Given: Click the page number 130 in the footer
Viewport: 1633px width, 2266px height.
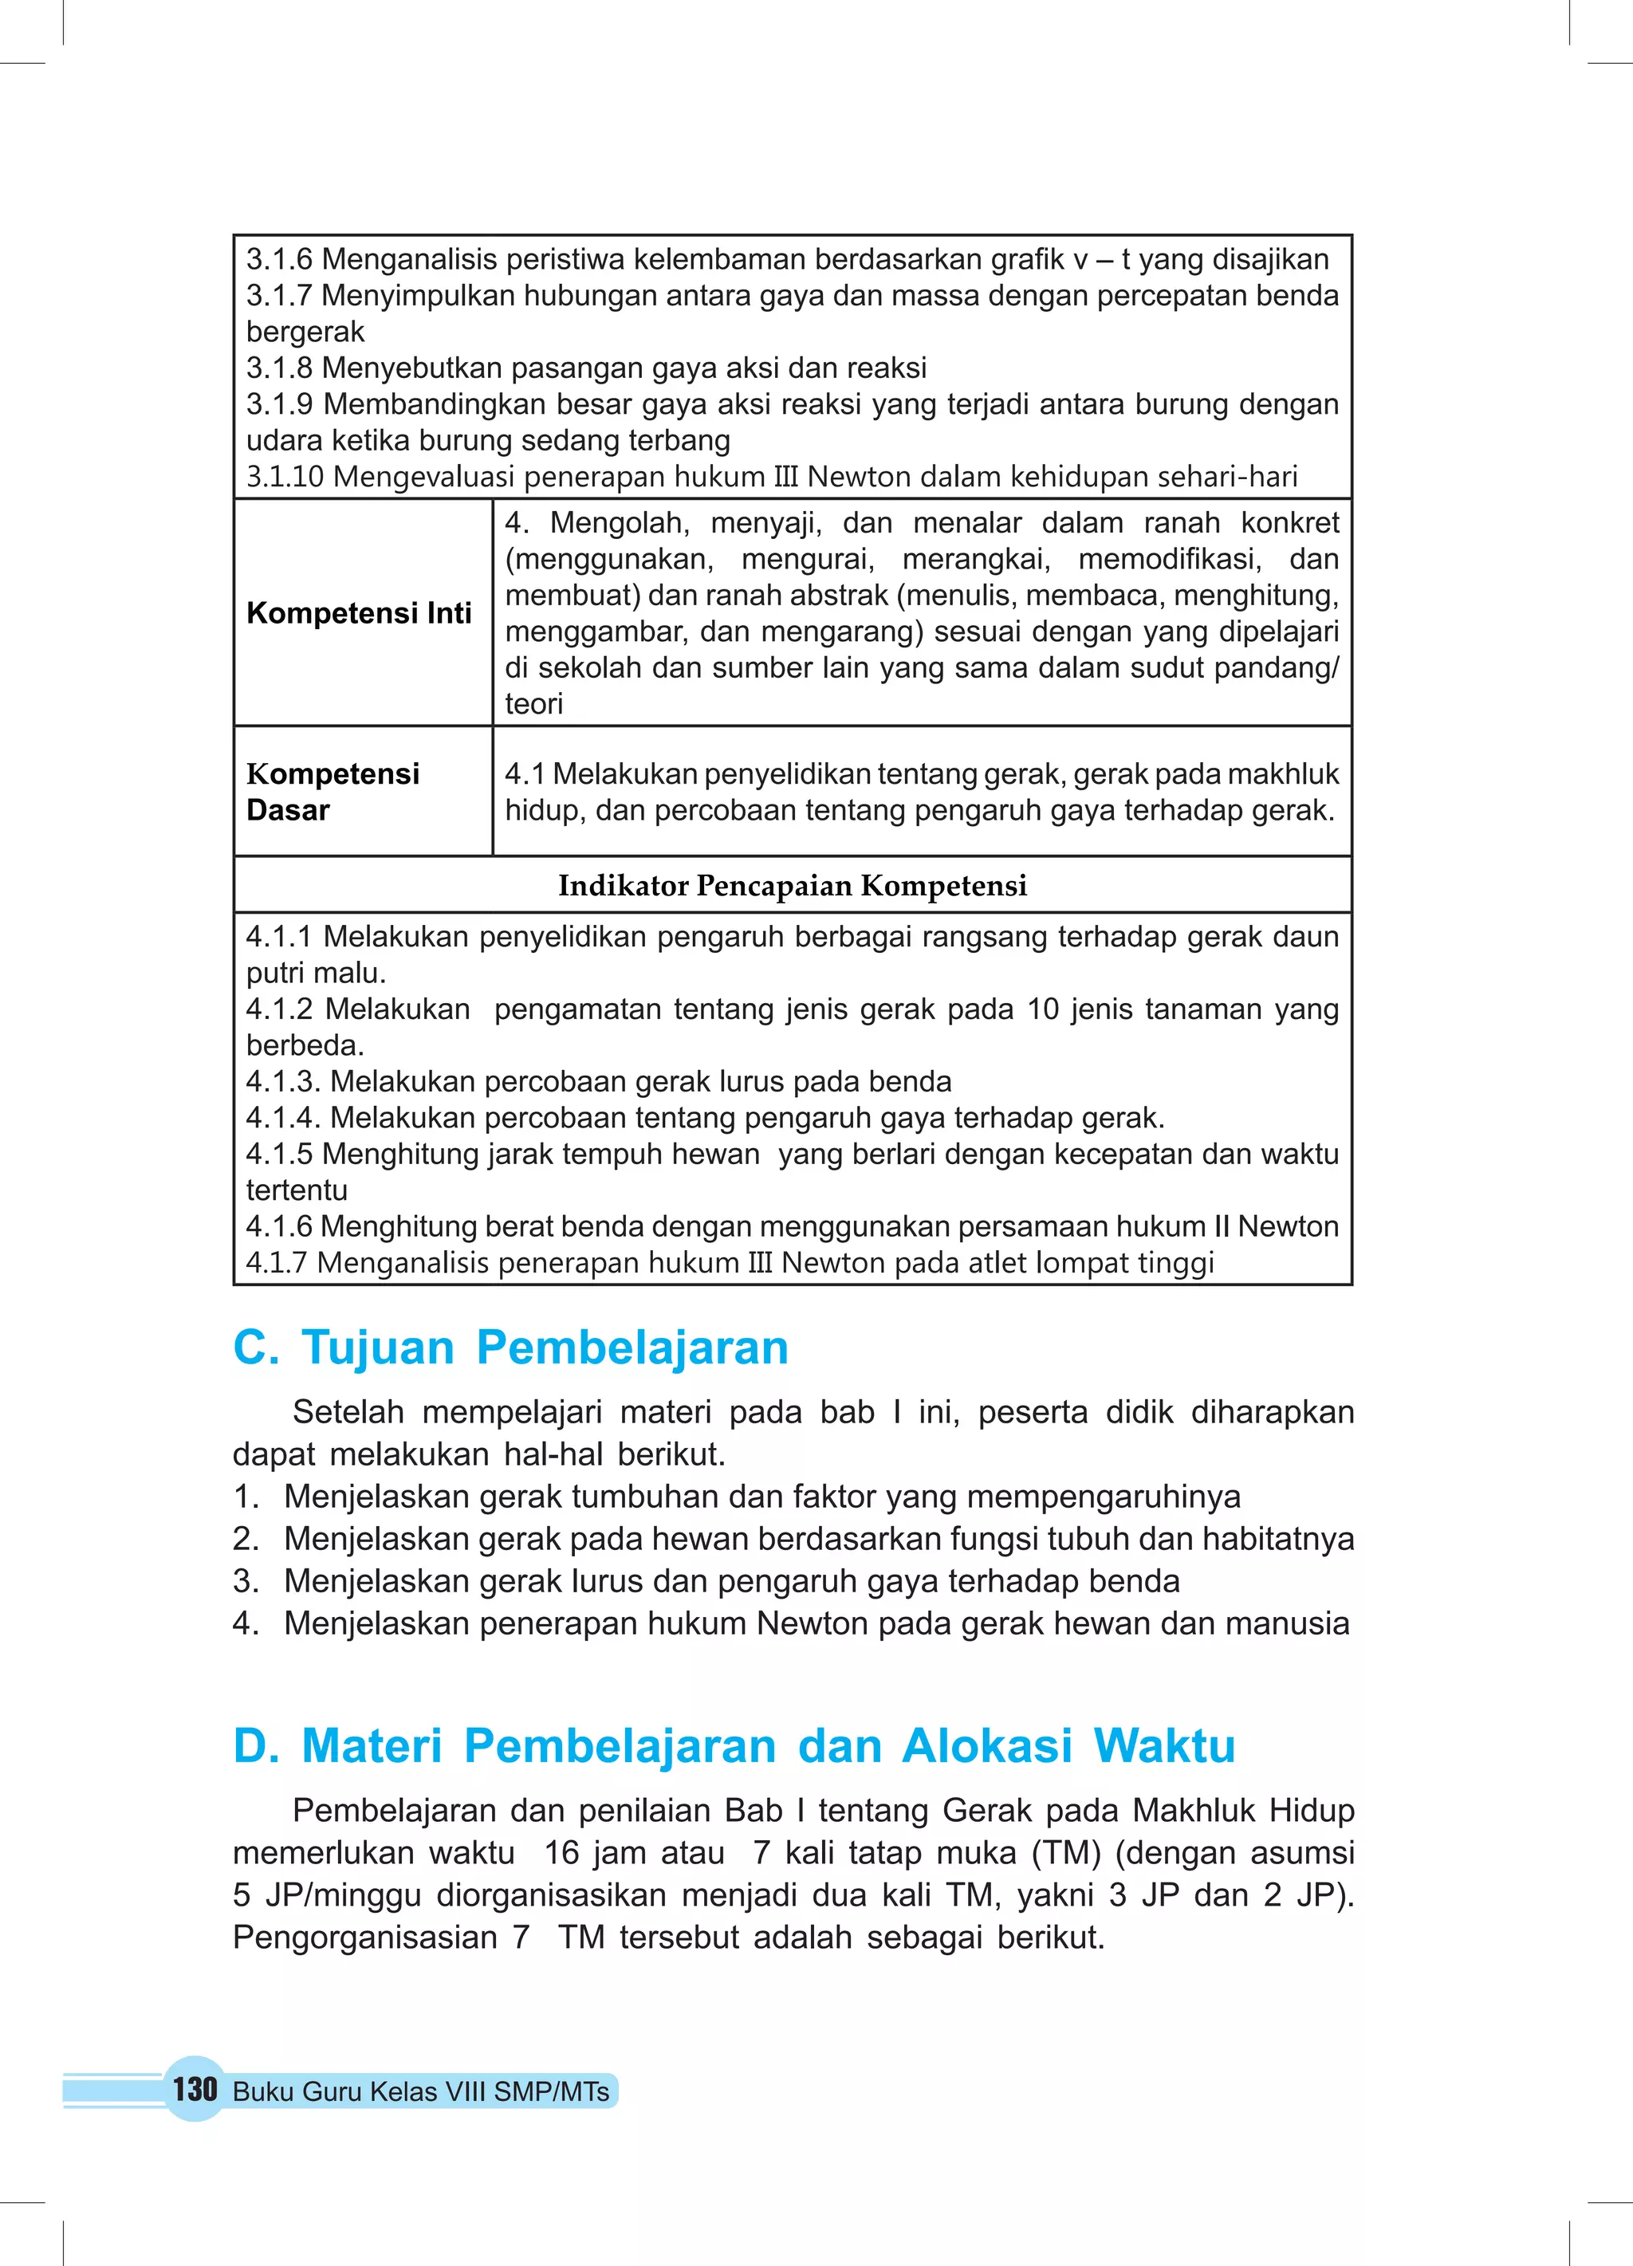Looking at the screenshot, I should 195,2089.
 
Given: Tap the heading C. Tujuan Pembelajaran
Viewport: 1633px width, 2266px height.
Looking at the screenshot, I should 510,1347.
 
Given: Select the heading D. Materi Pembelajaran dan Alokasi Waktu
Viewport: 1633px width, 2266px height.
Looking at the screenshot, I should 734,1745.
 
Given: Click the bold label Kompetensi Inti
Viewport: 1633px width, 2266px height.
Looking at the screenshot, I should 359,612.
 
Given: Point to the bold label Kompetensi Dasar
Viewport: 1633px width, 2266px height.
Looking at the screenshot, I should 333,791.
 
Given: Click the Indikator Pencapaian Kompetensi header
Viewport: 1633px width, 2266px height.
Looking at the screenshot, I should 792,885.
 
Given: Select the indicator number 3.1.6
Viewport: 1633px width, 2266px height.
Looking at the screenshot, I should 280,260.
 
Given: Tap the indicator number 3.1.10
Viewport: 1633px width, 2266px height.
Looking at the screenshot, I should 285,477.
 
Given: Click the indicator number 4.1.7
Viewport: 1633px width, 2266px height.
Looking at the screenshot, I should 277,1263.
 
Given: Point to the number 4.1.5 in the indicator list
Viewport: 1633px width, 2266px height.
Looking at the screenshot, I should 280,1154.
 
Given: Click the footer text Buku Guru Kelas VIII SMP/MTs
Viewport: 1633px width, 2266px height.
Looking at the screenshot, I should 421,2091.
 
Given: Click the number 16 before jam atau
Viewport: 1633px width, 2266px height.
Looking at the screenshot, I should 561,1852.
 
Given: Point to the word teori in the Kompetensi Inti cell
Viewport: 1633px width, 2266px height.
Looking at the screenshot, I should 533,704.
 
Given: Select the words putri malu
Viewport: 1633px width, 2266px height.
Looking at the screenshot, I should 316,974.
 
